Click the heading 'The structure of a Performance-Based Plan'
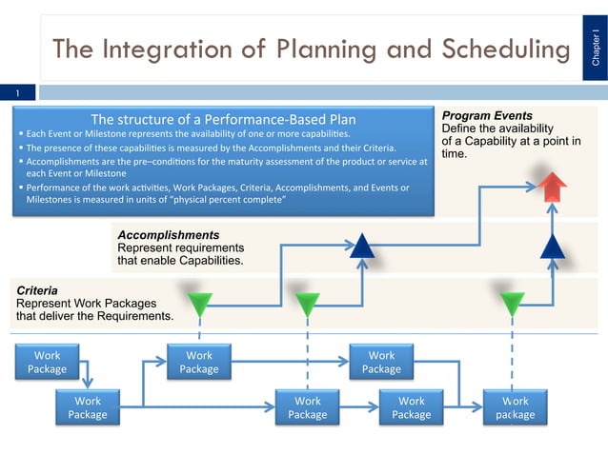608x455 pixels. tap(223, 119)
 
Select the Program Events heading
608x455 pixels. tap(481, 116)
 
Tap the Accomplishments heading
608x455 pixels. tap(169, 234)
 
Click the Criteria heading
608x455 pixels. tap(37, 289)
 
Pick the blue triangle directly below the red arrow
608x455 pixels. tap(553, 247)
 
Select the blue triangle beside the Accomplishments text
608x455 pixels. tap(362, 247)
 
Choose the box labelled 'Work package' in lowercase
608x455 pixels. tap(515, 408)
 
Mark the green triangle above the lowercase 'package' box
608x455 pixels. tap(513, 304)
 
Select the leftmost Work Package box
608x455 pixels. tap(48, 363)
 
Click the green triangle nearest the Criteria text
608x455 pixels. tap(200, 304)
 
